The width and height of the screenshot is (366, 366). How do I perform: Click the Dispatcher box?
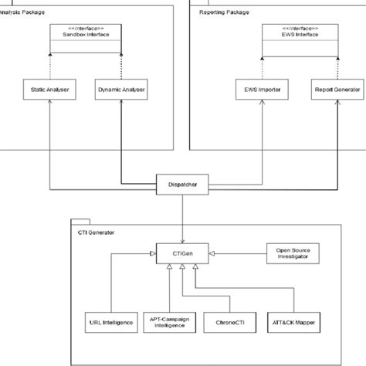coord(182,185)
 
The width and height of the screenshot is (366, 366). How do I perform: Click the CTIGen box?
coord(182,252)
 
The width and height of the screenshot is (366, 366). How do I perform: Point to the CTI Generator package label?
coord(97,231)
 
